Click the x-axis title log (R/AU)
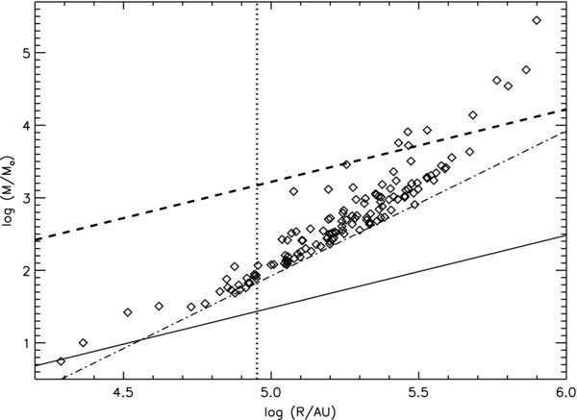pos(299,411)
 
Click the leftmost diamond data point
pos(62,361)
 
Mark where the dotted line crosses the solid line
pos(257,310)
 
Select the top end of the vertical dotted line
pos(257,5)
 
